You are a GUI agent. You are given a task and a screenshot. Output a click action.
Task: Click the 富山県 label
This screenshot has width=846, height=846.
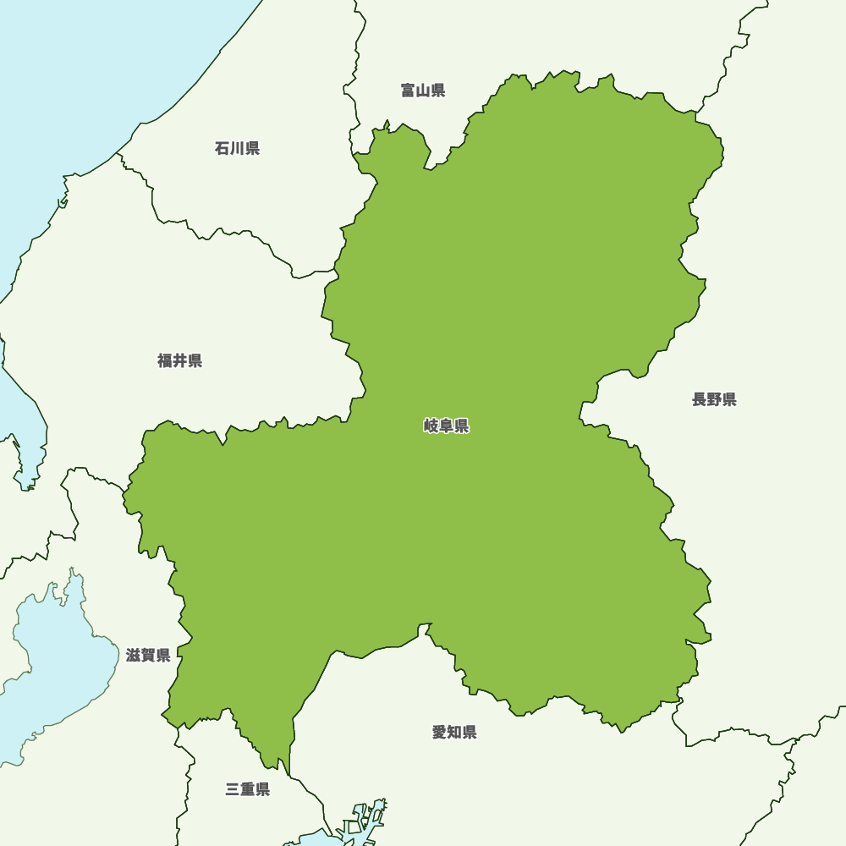423,91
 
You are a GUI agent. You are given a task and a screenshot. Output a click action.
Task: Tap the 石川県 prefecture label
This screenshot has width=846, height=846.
237,149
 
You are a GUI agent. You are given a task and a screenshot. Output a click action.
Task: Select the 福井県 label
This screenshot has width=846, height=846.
179,361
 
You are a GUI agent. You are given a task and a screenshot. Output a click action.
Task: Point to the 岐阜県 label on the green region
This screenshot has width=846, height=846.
446,426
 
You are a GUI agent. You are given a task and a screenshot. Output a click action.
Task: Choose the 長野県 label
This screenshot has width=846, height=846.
714,400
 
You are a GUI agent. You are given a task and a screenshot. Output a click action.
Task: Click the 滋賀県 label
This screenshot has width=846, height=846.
148,656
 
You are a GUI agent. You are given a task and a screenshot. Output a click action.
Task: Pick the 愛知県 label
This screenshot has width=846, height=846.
454,733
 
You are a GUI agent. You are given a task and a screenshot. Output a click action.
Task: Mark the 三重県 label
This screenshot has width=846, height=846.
248,790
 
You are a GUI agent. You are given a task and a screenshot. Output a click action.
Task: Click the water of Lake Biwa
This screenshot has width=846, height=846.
51,668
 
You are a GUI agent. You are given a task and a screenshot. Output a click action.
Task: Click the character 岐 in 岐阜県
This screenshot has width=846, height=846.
431,426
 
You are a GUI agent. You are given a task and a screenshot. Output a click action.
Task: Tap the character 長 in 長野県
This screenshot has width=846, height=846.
700,400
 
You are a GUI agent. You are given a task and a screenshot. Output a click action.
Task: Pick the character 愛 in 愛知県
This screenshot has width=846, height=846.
440,733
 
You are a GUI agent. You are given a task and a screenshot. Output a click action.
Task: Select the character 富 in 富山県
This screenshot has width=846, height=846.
409,91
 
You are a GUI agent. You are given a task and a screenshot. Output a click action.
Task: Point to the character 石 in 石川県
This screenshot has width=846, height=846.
222,149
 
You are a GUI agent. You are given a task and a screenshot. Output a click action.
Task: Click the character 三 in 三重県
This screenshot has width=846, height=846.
233,790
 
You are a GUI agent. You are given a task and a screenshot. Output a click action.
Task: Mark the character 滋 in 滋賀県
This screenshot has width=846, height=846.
134,656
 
